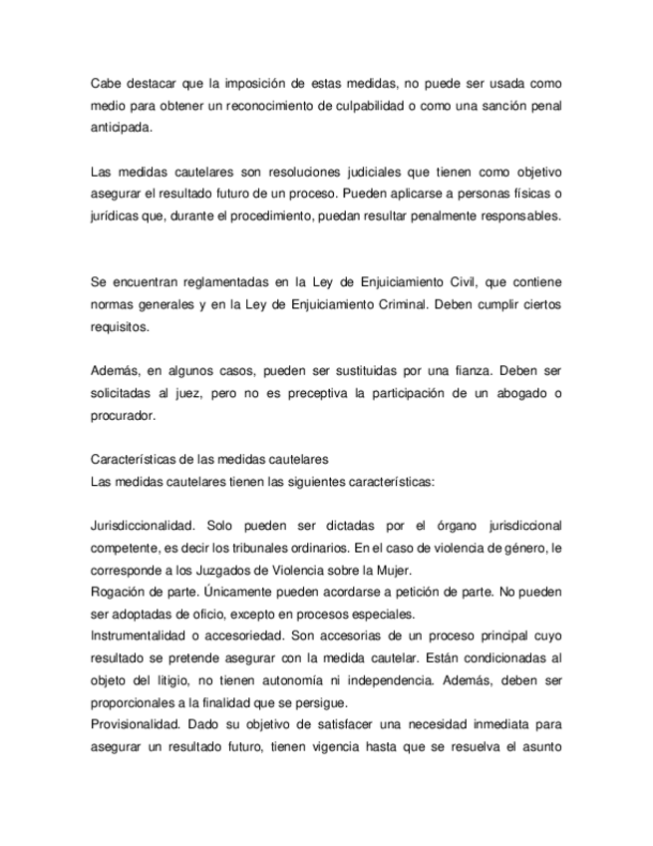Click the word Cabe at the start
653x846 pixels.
[x=105, y=82]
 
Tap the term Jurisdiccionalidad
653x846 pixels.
[x=144, y=526]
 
